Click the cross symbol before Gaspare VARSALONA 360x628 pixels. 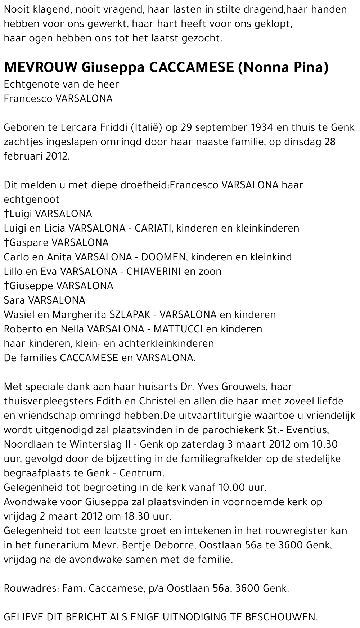(x=6, y=242)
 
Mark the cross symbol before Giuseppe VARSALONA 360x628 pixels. (x=6, y=286)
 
